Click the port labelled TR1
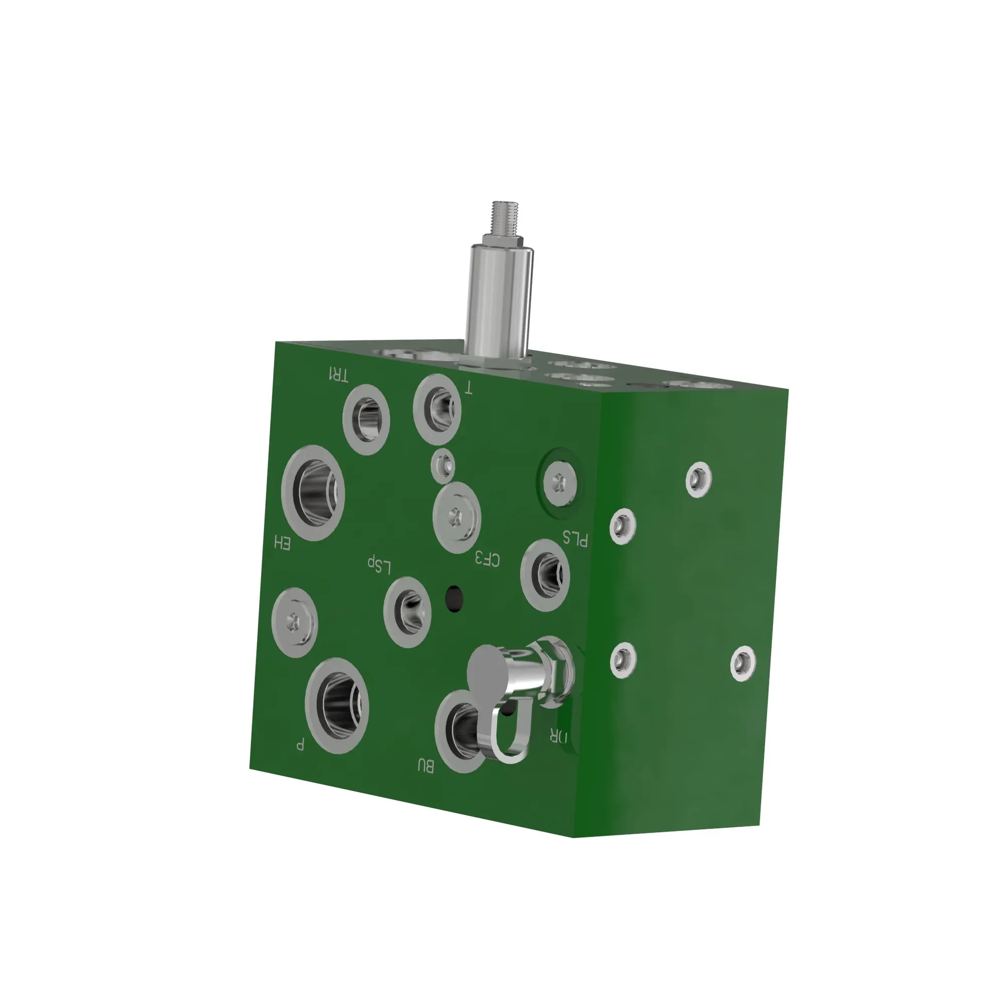(x=367, y=419)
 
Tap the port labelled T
(x=438, y=409)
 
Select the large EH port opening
(x=313, y=492)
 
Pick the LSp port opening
(x=408, y=611)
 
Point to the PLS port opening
(x=546, y=575)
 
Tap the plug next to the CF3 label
(x=456, y=517)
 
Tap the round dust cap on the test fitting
(x=488, y=670)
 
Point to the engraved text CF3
(x=487, y=560)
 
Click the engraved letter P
(x=300, y=744)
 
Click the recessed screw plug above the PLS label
(x=559, y=483)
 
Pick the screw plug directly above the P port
(x=295, y=622)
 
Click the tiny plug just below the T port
(x=443, y=465)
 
